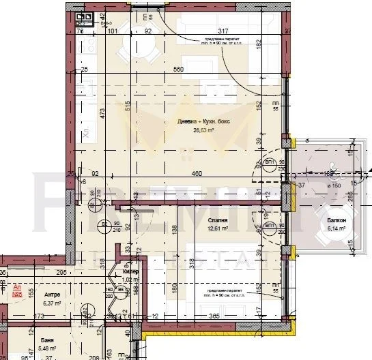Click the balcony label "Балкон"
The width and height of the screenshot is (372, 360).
click(x=336, y=221)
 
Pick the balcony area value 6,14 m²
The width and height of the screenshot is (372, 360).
click(x=336, y=229)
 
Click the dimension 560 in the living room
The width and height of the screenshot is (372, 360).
click(x=180, y=70)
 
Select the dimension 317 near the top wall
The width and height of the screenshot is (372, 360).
click(x=223, y=30)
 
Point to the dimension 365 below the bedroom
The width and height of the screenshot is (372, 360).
click(x=214, y=316)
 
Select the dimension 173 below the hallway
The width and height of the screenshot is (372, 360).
click(x=40, y=316)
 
